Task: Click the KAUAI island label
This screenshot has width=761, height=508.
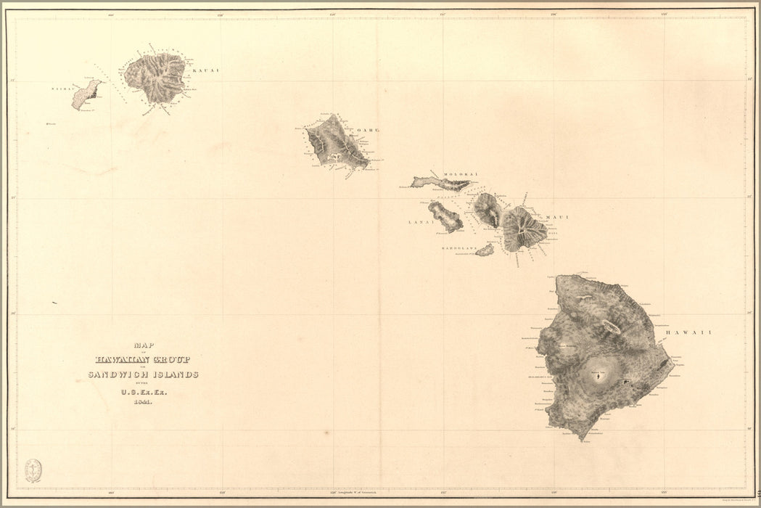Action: point(206,70)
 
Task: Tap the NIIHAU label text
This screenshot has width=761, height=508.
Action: point(61,89)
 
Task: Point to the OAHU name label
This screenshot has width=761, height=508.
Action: point(370,131)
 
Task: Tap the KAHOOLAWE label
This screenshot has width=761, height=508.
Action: point(457,248)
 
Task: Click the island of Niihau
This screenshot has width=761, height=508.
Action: point(86,95)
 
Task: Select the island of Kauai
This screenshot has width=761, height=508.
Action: point(155,77)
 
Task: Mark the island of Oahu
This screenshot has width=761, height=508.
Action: point(335,143)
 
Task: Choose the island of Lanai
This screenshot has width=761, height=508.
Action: point(445,217)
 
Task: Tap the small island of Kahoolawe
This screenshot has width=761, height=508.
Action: point(485,250)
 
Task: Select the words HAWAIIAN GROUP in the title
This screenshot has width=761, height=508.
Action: point(142,359)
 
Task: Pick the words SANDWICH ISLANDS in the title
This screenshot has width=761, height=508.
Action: point(143,374)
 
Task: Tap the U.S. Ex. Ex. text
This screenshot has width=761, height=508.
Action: point(143,393)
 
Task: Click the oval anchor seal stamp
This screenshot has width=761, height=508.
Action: point(33,470)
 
